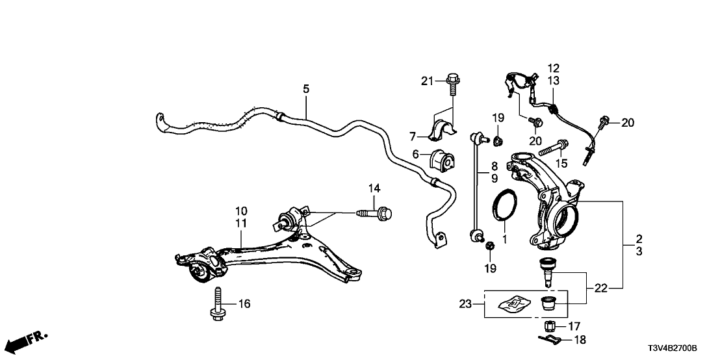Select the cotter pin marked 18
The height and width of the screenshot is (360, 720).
pyautogui.click(x=547, y=338)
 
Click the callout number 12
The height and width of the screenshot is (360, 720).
pyautogui.click(x=553, y=68)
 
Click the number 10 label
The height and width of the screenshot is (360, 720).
pyautogui.click(x=241, y=211)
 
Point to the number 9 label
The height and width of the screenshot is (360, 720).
pyautogui.click(x=494, y=178)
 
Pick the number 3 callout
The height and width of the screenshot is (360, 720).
pyautogui.click(x=639, y=251)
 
